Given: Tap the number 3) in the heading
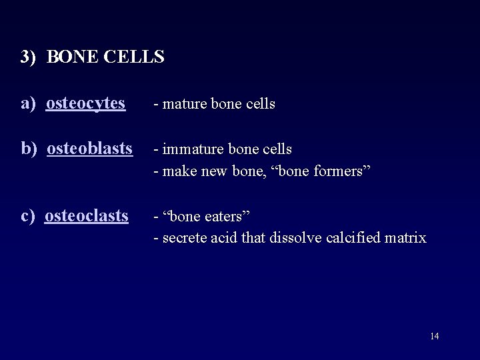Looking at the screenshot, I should [x=27, y=57].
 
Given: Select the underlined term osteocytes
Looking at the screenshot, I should [x=86, y=103].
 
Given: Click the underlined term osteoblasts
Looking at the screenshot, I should [x=91, y=147].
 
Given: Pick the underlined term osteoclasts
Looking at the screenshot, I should [x=87, y=215].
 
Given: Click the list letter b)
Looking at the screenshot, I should [x=30, y=147].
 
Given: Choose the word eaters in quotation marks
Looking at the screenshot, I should [x=221, y=216].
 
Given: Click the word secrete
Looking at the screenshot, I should [x=183, y=238].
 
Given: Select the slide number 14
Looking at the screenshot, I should [x=434, y=336].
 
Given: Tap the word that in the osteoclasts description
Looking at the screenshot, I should [x=254, y=238].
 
